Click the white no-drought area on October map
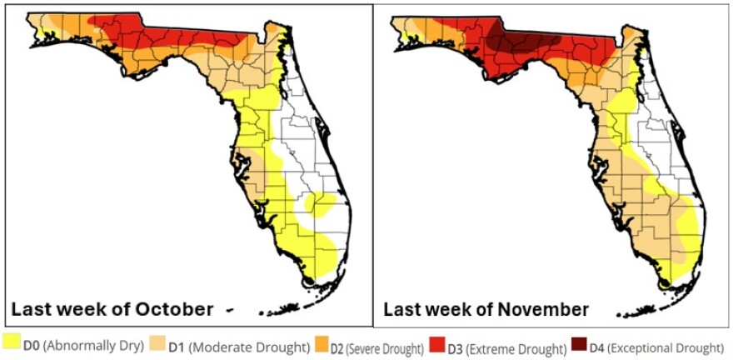pos(308,150)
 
